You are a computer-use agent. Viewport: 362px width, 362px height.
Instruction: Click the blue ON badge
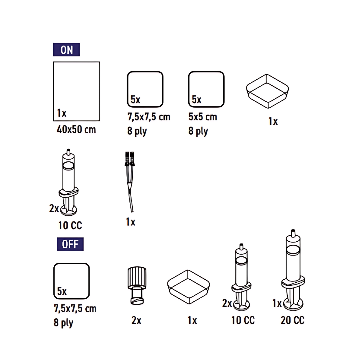tap(66, 49)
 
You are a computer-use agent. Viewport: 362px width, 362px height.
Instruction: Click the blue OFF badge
tap(70, 244)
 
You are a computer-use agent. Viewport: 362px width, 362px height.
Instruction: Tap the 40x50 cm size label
tap(76, 129)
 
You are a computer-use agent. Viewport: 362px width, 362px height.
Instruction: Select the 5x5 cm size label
tap(203, 117)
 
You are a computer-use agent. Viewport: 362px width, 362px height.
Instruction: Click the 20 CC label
tap(293, 320)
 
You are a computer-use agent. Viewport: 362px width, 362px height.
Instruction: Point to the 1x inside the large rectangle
tap(62, 113)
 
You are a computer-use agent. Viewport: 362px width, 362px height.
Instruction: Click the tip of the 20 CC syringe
tap(293, 230)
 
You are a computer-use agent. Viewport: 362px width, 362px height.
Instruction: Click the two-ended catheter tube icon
tap(130, 182)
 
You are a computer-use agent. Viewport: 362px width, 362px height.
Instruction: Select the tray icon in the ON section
tap(267, 91)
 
